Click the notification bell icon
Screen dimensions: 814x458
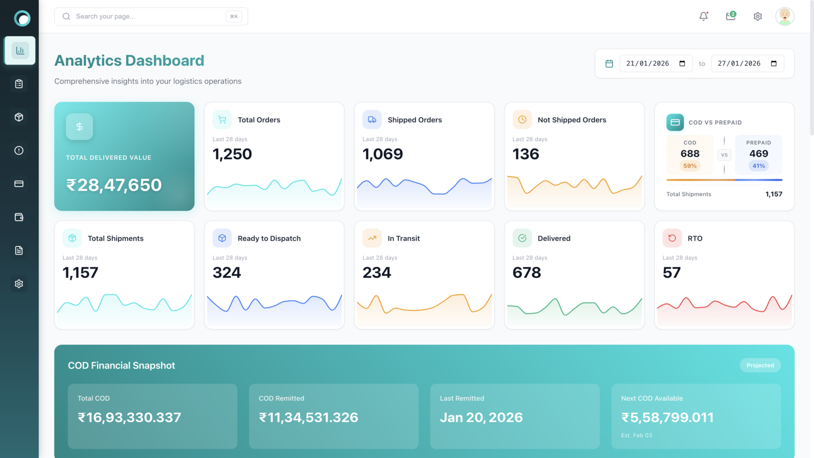click(x=704, y=16)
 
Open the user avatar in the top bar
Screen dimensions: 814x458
click(x=784, y=16)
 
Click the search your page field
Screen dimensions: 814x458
click(x=151, y=16)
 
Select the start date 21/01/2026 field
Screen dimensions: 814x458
click(x=656, y=64)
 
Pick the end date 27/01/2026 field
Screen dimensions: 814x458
click(x=747, y=64)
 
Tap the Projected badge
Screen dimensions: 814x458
click(x=760, y=365)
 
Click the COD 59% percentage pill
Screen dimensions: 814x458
click(x=690, y=166)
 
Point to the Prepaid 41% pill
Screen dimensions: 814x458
click(x=759, y=166)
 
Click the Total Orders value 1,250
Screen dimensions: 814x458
click(x=232, y=154)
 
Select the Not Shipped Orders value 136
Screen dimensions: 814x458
click(x=526, y=154)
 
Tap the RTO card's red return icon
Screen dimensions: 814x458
click(x=672, y=238)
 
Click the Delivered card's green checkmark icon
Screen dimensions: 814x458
click(x=522, y=238)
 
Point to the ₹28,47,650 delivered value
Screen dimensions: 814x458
click(x=114, y=185)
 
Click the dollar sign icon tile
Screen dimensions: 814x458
click(x=79, y=127)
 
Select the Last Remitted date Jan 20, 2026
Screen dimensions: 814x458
click(x=481, y=417)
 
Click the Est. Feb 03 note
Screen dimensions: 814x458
click(x=636, y=435)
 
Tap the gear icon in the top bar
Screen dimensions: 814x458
click(x=758, y=16)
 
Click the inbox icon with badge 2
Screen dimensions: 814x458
click(x=731, y=16)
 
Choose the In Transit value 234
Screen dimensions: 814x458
click(x=377, y=273)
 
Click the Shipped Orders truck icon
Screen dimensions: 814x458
click(x=372, y=120)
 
